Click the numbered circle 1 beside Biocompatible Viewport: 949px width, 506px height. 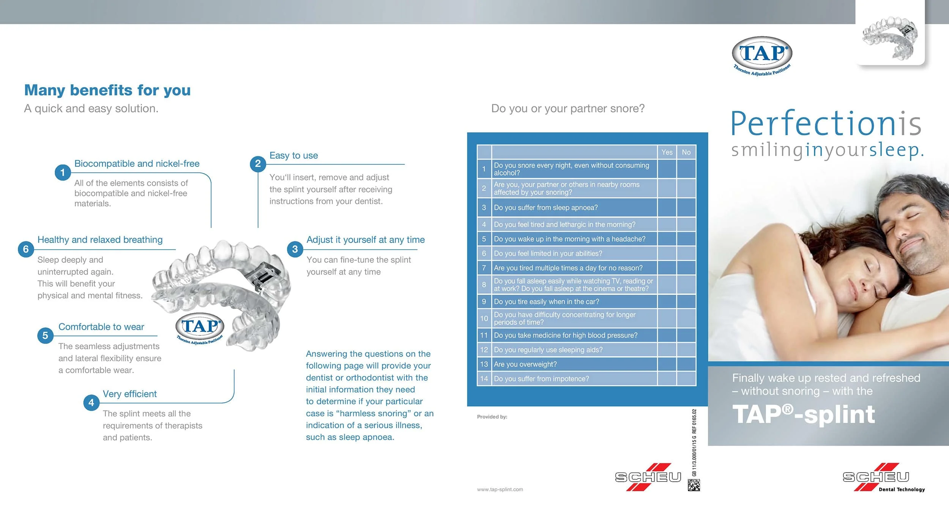pos(63,172)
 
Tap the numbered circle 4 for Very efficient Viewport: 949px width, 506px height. pos(91,402)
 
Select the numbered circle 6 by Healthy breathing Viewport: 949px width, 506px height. pos(26,249)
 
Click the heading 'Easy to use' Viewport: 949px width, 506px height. pos(294,155)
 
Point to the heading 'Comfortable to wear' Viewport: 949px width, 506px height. pos(101,327)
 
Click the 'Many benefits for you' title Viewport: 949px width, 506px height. pos(107,90)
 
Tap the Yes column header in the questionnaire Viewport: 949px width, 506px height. pos(667,152)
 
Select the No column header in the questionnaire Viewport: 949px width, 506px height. pos(686,152)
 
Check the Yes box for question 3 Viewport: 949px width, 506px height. pos(667,207)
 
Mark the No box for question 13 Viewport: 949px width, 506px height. pos(686,364)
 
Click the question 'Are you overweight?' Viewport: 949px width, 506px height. pos(525,364)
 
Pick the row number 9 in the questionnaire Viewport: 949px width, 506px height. pos(484,302)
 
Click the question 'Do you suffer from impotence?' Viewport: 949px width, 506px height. pos(542,379)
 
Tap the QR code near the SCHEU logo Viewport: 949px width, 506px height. pos(694,485)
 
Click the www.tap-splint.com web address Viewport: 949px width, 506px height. pos(500,489)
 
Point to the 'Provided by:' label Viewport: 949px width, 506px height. pos(492,417)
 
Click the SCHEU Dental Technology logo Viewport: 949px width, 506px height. pos(884,478)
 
